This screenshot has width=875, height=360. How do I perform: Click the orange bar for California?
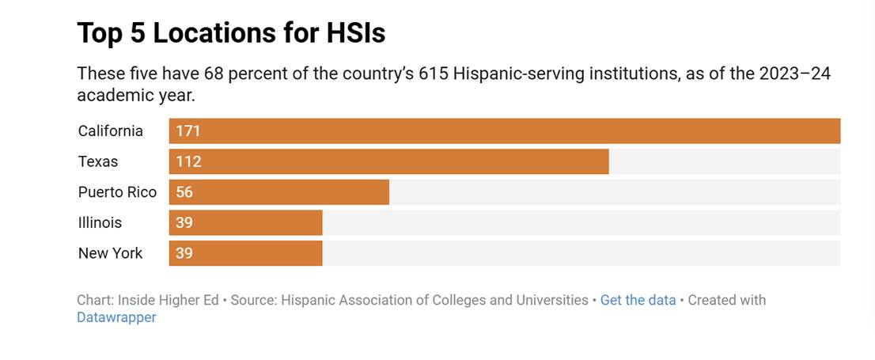click(504, 131)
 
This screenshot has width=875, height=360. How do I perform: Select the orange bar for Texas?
click(388, 161)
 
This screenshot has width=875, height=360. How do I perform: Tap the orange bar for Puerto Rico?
click(278, 192)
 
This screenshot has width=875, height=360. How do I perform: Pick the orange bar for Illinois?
click(245, 222)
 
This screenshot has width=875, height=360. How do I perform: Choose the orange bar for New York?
click(245, 253)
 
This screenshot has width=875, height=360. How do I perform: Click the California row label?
click(111, 131)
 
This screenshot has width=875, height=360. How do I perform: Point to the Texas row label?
click(98, 161)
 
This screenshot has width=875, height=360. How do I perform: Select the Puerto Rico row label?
click(117, 192)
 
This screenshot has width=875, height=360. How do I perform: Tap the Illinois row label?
click(100, 222)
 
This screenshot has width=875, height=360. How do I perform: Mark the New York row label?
click(110, 253)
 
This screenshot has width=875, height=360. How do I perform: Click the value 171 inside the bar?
click(188, 131)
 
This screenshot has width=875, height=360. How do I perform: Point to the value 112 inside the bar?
click(188, 161)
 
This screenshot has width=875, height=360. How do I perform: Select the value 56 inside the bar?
click(184, 192)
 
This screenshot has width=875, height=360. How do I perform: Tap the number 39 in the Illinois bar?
click(184, 222)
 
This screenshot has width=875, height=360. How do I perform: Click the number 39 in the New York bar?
click(184, 253)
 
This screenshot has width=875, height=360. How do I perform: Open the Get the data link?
click(638, 301)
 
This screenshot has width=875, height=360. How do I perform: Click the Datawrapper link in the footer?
click(116, 318)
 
